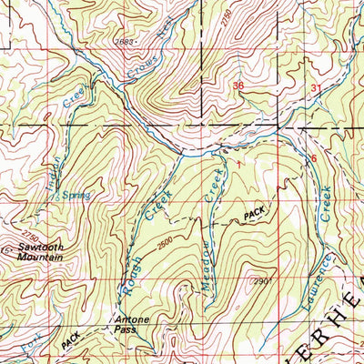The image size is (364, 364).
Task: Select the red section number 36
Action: (238, 86)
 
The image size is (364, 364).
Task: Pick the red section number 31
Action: (316, 87)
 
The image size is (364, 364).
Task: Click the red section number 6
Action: (314, 158)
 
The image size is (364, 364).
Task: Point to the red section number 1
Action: (241, 162)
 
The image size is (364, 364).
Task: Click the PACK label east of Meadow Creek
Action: (256, 215)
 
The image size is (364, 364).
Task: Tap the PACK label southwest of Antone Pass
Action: (71, 342)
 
